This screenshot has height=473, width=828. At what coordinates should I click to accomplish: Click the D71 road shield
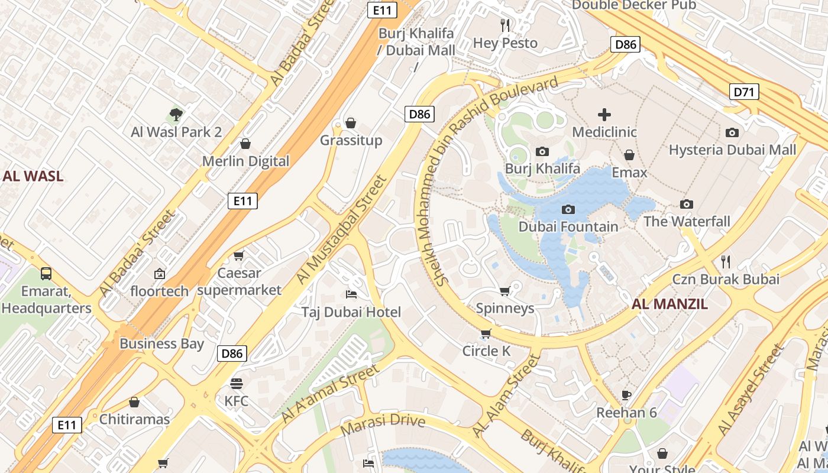745,92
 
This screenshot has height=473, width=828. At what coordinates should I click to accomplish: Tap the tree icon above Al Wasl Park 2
176,115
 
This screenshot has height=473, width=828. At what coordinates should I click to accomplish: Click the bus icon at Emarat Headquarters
46,273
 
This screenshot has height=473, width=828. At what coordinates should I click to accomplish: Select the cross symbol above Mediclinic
604,115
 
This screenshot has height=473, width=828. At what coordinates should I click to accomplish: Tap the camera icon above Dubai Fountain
568,209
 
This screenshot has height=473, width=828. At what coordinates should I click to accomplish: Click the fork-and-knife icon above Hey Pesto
505,25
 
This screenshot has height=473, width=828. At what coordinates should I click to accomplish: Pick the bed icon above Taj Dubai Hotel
351,294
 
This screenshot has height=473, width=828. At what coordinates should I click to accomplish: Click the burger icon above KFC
236,383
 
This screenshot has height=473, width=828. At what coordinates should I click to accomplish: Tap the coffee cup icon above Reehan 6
626,394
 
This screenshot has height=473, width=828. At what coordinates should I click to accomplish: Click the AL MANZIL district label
669,304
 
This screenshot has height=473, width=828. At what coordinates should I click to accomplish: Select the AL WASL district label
33,176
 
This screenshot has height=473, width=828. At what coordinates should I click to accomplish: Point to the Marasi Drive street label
383,421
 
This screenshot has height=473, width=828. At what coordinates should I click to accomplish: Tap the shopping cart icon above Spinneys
504,291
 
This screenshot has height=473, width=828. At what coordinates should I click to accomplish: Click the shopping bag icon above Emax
629,155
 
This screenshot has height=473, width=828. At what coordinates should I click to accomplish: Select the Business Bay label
161,344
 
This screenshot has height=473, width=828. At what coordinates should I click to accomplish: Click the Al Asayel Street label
751,391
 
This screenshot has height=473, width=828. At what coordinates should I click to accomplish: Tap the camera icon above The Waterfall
686,204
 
